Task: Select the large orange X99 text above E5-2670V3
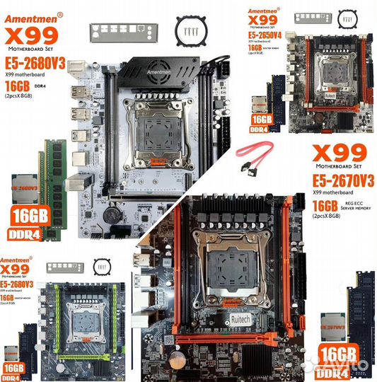coord(339,153)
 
